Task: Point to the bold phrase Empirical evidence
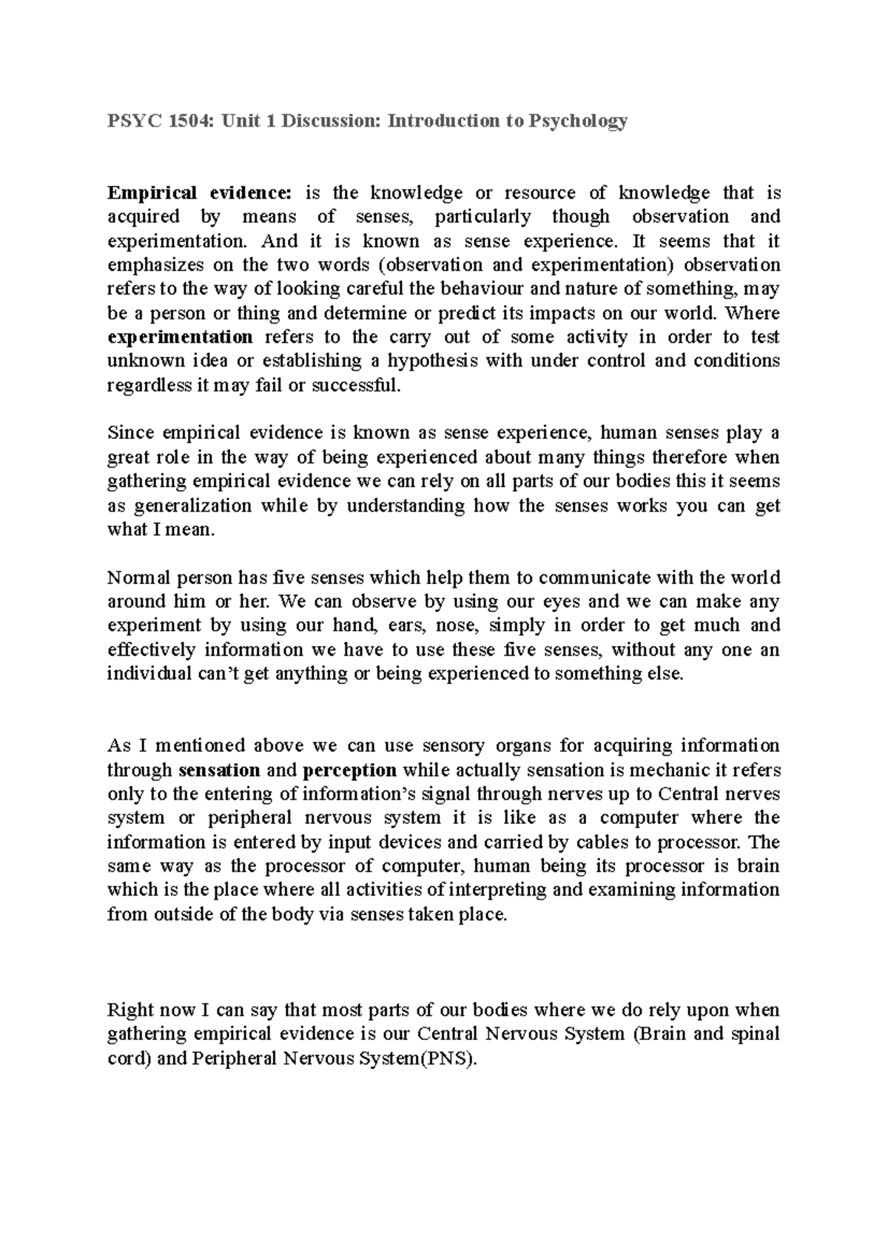click(x=200, y=193)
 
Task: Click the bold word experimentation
click(x=181, y=338)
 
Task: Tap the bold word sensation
click(x=220, y=770)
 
